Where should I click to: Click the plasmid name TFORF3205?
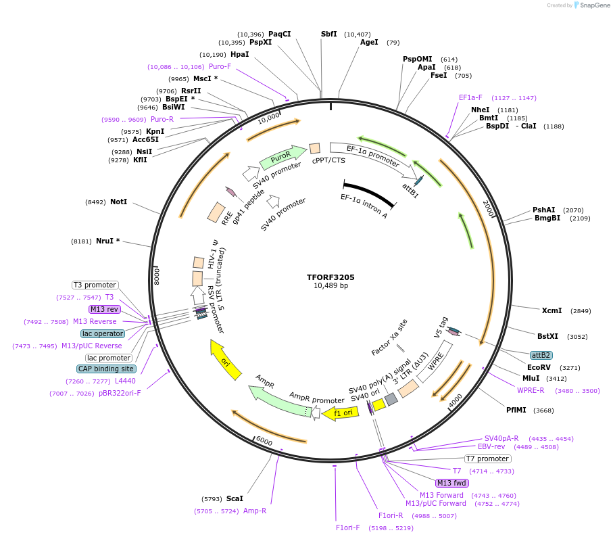coord(330,277)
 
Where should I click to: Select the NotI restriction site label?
coord(118,202)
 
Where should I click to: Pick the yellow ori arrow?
coord(226,360)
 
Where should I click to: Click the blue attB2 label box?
coord(541,355)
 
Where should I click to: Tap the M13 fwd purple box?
coord(452,483)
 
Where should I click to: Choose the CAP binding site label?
coord(106,369)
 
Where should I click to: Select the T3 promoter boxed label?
coord(95,285)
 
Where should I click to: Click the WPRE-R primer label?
coord(531,390)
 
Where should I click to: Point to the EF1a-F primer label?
coord(470,97)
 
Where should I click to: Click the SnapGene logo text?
coord(592,5)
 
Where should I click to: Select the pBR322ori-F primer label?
coord(120,393)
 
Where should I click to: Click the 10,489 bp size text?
coord(330,286)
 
